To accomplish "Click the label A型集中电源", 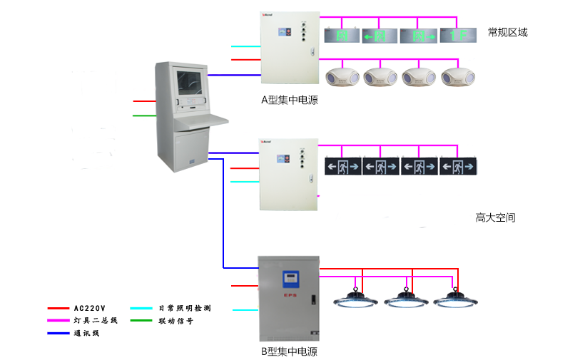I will pyautogui.click(x=289, y=101).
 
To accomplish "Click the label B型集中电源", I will pyautogui.click(x=288, y=351).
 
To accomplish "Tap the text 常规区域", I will pyautogui.click(x=507, y=33).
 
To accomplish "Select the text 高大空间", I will pyautogui.click(x=495, y=217).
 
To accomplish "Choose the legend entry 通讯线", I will pyautogui.click(x=86, y=333).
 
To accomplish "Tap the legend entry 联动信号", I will pyautogui.click(x=175, y=321).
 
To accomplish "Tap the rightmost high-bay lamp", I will pyautogui.click(x=454, y=298).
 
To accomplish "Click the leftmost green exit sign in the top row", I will pyautogui.click(x=342, y=35).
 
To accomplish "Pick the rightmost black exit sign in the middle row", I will pyautogui.click(x=458, y=167).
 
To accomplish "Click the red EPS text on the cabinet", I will pyautogui.click(x=290, y=294).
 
